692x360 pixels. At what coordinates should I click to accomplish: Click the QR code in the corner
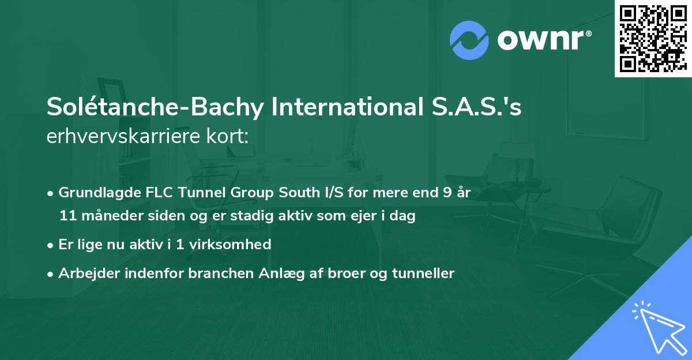652,39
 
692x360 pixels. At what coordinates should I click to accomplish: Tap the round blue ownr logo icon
469,40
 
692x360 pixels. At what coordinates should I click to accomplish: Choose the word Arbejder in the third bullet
85,273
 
